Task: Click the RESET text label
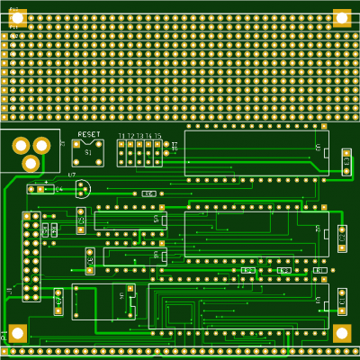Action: [x=89, y=134]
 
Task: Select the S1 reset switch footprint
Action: [x=88, y=153]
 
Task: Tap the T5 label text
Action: [x=157, y=136]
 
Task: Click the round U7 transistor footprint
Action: [x=83, y=189]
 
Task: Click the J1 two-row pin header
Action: [x=31, y=256]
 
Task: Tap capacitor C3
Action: [x=81, y=218]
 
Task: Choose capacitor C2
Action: [x=90, y=261]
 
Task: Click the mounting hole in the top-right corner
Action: [x=342, y=17]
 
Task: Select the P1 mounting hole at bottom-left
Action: [x=18, y=333]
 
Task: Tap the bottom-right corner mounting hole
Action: [x=342, y=333]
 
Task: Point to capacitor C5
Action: [x=346, y=162]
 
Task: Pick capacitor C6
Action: [x=342, y=238]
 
